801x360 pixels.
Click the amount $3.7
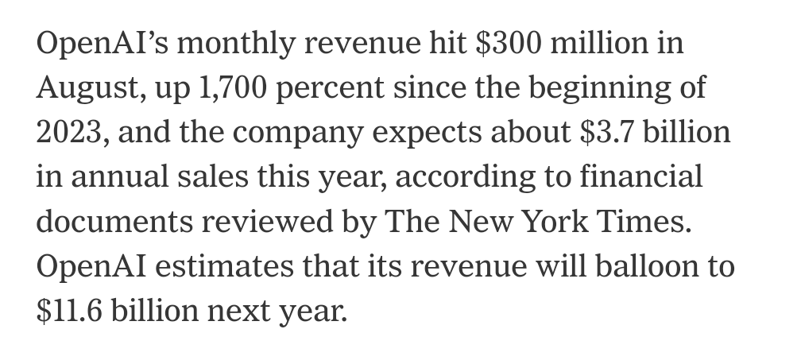pyautogui.click(x=609, y=131)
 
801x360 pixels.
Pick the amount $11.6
pyautogui.click(x=69, y=310)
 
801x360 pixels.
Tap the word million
pyautogui.click(x=598, y=42)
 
